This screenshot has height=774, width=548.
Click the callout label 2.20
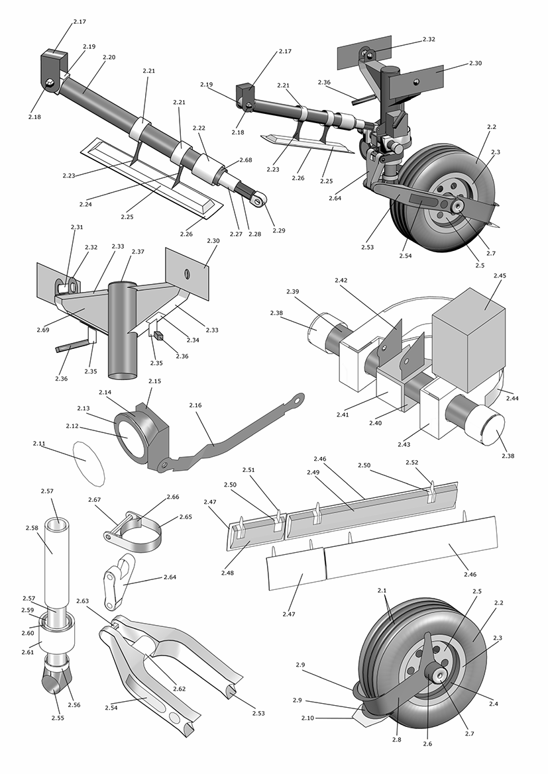pos(109,58)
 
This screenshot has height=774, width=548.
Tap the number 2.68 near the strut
pos(246,160)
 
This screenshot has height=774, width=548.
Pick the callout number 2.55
pos(58,716)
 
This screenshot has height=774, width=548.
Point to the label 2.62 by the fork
pos(179,689)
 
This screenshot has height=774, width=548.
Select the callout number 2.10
pos(307,718)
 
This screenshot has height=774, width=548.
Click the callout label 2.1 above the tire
pos(382,590)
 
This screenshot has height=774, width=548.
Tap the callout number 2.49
pos(313,472)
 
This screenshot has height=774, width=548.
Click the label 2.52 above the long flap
pos(411,462)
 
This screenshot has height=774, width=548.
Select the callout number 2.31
pos(77,227)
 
